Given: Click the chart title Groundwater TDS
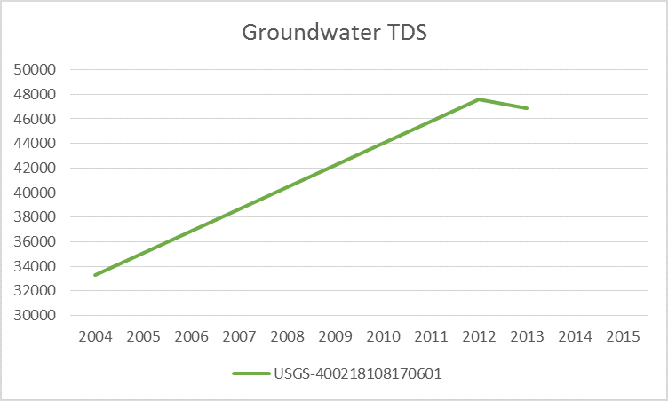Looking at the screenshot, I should coord(334,33).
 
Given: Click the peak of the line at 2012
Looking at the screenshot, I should coord(479,99).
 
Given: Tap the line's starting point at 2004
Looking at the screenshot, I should coord(94,275).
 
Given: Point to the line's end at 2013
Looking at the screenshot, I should coord(527,108).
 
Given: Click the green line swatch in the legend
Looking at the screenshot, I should coord(250,373).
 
